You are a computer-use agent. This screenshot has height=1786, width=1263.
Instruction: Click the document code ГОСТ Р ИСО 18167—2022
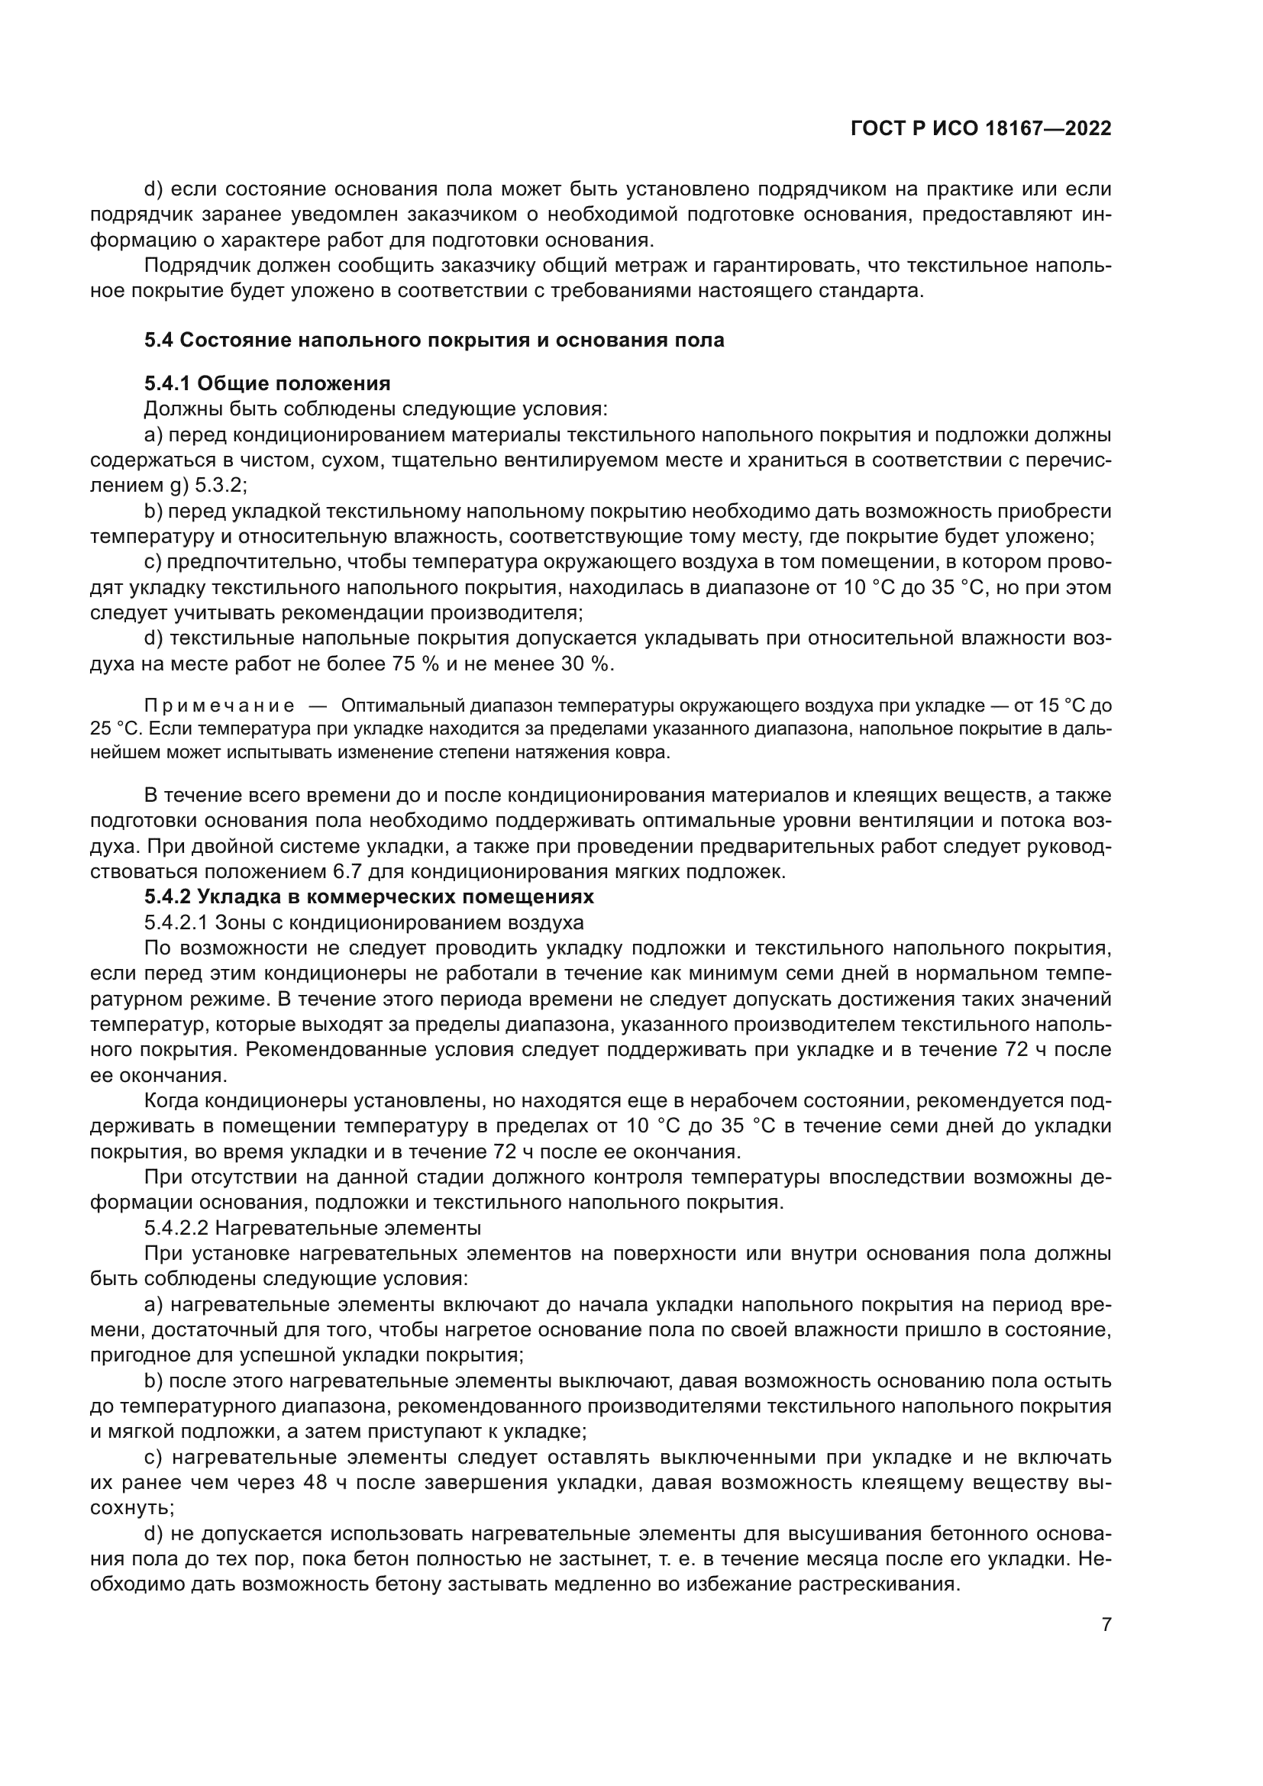(x=980, y=128)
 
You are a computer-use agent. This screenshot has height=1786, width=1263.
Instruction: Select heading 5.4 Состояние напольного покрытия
(x=434, y=340)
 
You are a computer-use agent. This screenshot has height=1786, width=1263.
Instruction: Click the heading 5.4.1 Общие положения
(x=266, y=383)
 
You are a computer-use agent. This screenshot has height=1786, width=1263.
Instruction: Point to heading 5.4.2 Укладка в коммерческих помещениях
(x=369, y=897)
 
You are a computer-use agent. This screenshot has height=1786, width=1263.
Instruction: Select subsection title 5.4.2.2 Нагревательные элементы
(x=312, y=1229)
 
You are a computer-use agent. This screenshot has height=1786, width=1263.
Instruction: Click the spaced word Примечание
(x=219, y=706)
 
